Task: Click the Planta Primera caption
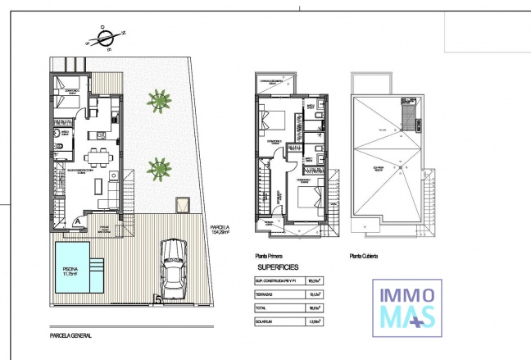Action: (272, 256)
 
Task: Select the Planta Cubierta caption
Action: (365, 256)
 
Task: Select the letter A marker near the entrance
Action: (77, 221)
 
